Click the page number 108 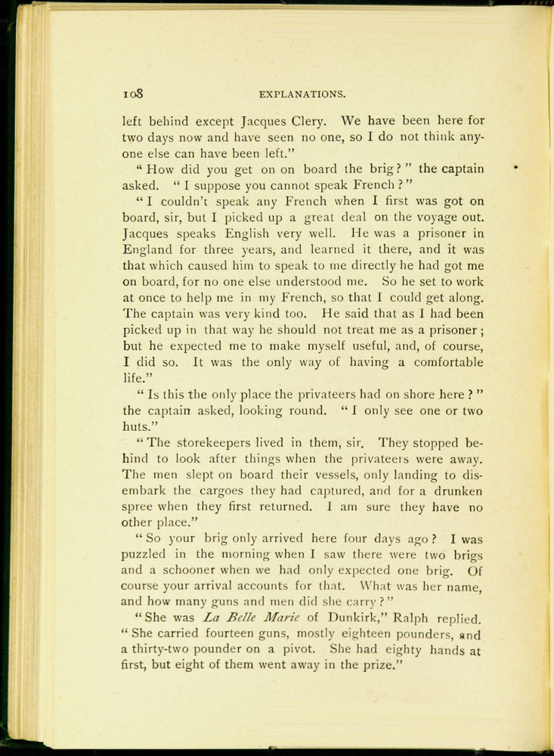(x=134, y=95)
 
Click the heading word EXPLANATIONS (x=302, y=95)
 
